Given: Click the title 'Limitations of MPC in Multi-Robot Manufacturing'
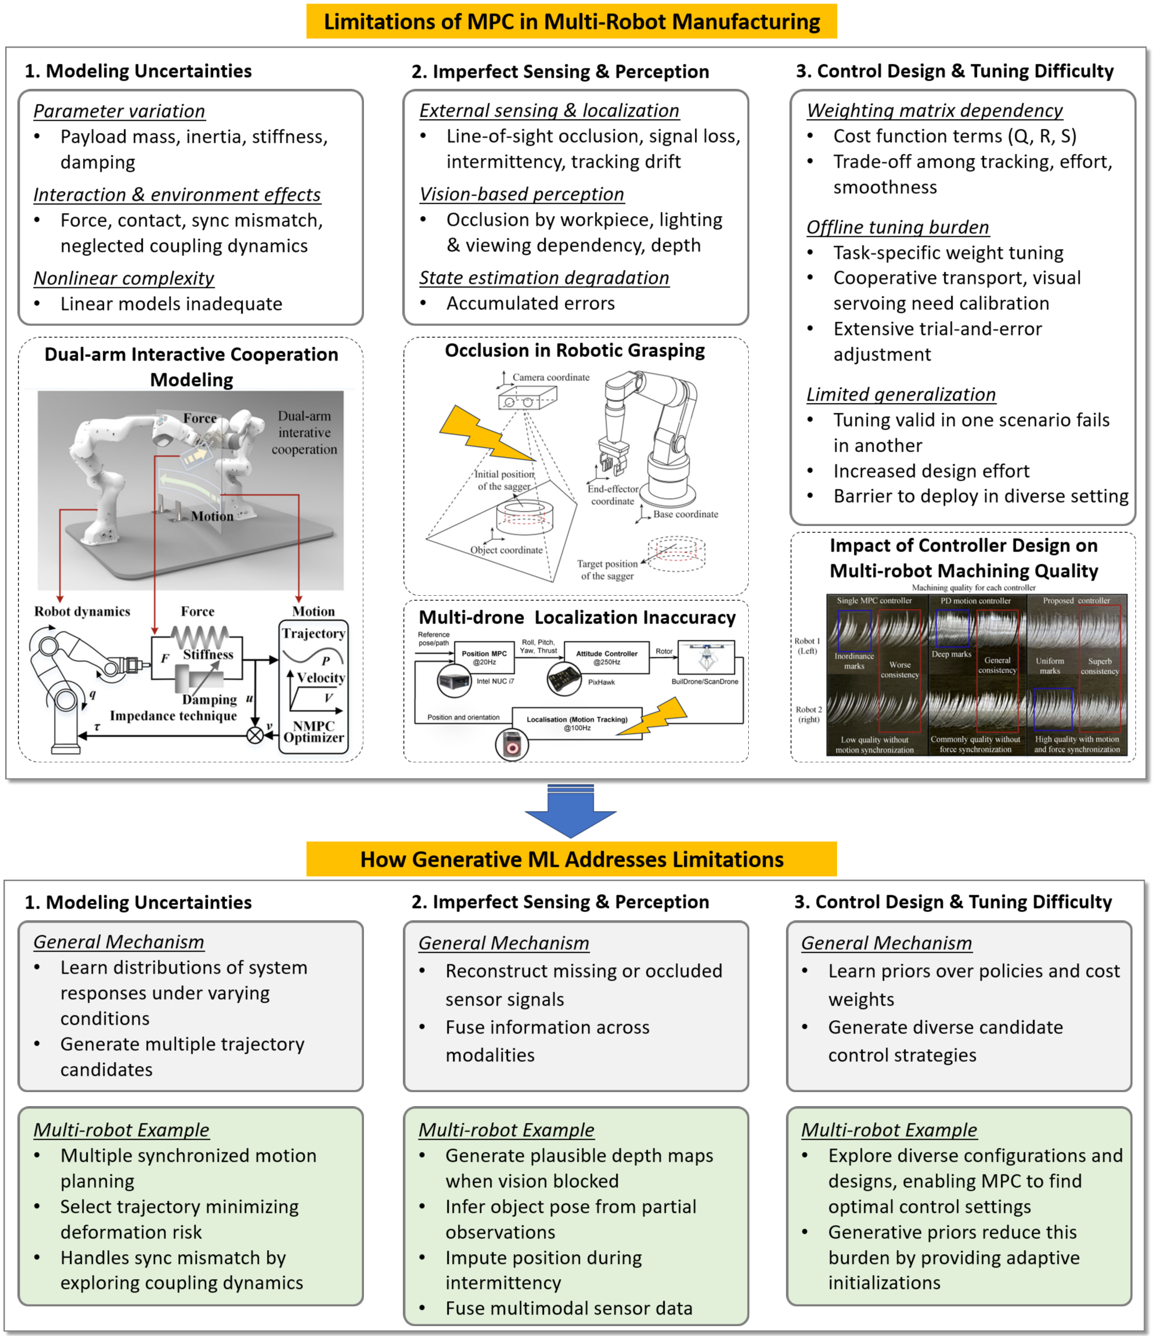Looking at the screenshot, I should pos(571,22).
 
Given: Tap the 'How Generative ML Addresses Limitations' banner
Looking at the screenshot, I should pos(571,859).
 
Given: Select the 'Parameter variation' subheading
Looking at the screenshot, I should pos(119,111).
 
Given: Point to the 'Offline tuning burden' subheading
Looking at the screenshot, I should pos(897,227).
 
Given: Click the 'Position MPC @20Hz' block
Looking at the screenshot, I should pos(484,657).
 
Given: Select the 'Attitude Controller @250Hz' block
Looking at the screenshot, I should pos(606,657).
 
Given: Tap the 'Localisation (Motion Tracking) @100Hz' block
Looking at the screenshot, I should pos(576,723).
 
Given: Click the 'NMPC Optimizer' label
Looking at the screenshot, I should pos(313,731).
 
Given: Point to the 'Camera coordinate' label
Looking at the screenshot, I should pos(550,377).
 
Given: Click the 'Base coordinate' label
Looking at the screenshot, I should pos(686,514).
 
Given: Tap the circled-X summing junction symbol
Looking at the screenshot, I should pos(255,735).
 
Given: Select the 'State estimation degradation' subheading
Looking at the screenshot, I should pos(544,278).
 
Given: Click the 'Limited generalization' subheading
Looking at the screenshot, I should pos(901,394).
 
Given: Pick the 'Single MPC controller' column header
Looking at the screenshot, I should pos(874,600).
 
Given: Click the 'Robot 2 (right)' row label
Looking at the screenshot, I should pos(809,714).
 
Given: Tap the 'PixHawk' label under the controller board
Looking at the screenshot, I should pos(601,682).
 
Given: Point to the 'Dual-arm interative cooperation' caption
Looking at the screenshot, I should pos(304,432).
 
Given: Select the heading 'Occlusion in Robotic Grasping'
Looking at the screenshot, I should pos(575,350).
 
